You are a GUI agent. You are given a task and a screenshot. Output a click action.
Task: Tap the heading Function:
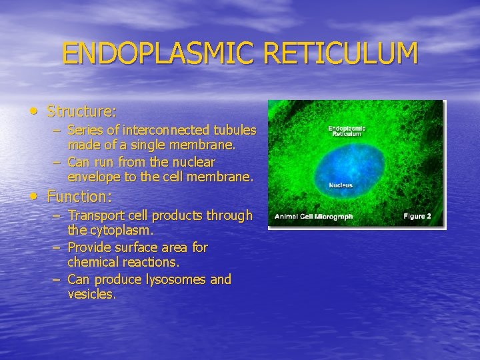(79, 197)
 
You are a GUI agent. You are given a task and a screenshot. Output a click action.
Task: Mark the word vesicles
(91, 294)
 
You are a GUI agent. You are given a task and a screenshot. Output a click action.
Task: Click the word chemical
(94, 262)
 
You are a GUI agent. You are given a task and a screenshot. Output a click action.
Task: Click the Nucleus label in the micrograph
(340, 185)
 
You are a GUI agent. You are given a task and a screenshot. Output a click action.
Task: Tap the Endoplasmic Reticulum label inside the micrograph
(346, 130)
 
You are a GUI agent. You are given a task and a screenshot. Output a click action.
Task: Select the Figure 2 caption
(417, 216)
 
